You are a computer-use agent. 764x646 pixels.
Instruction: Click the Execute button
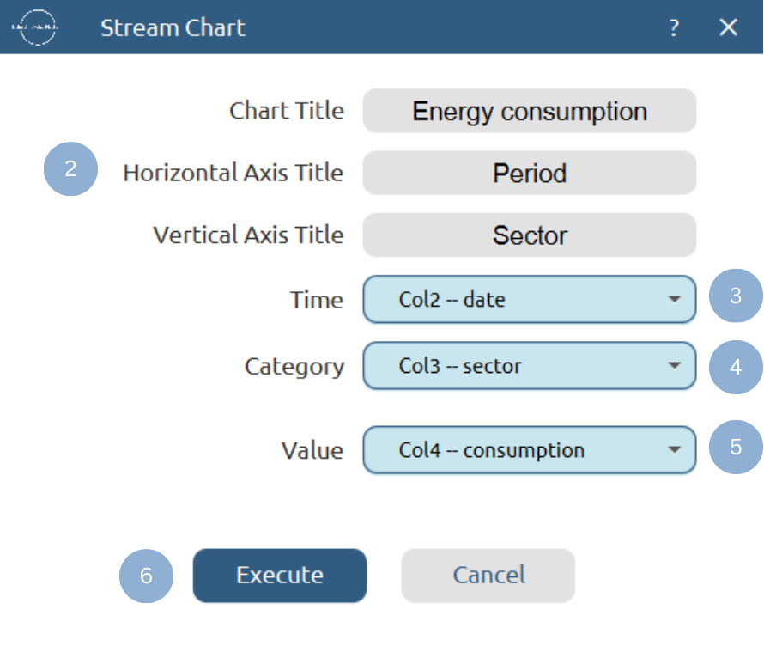coord(280,576)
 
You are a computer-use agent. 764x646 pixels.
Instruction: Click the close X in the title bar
coord(728,27)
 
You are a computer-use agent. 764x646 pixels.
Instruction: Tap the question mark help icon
coord(674,28)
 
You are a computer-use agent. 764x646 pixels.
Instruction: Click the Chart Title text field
coord(529,111)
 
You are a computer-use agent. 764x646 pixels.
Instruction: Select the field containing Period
coord(529,173)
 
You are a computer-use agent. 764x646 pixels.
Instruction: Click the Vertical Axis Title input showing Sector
coord(529,235)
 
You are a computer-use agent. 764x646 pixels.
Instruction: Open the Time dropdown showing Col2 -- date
coord(529,300)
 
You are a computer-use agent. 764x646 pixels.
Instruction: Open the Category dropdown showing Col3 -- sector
coord(529,366)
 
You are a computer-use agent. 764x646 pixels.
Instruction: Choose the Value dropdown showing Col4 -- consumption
coord(529,450)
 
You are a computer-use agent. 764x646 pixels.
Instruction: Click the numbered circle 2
coord(70,169)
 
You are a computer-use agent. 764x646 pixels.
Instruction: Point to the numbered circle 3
coord(736,296)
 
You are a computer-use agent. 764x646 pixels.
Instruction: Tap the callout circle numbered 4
coord(736,367)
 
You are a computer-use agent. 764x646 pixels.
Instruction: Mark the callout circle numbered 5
coord(736,447)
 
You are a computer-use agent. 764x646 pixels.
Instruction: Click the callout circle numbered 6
coord(146,576)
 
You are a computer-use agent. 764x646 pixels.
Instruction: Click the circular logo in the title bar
coord(34,27)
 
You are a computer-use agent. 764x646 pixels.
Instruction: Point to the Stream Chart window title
coord(173,27)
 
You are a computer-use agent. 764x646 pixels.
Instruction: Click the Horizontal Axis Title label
coord(233,173)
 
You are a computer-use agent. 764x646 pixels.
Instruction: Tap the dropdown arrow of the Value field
coord(675,450)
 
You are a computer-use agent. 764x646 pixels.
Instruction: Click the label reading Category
coord(294,367)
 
